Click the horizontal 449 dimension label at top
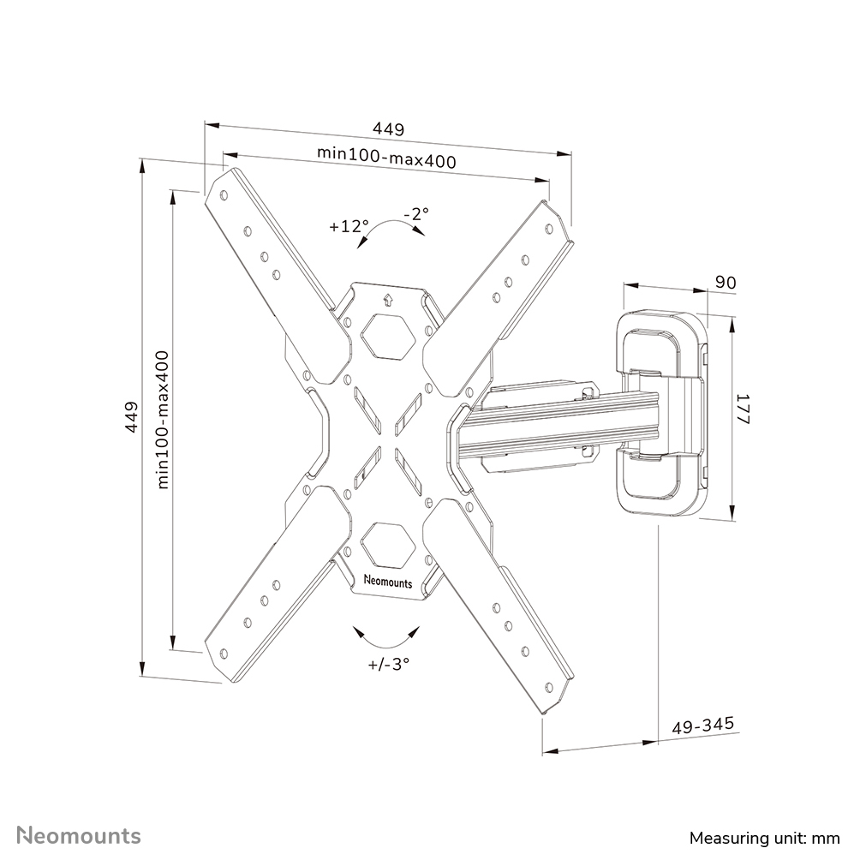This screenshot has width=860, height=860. click(x=387, y=129)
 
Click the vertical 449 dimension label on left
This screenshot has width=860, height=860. click(x=131, y=416)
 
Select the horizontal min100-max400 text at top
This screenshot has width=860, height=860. click(x=386, y=158)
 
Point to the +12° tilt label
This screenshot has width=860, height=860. click(x=348, y=227)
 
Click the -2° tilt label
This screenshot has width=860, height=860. click(x=415, y=213)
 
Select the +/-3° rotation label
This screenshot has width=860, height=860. click(x=389, y=664)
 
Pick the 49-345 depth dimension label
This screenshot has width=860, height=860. click(x=702, y=726)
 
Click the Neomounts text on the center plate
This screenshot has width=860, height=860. click(x=387, y=582)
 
